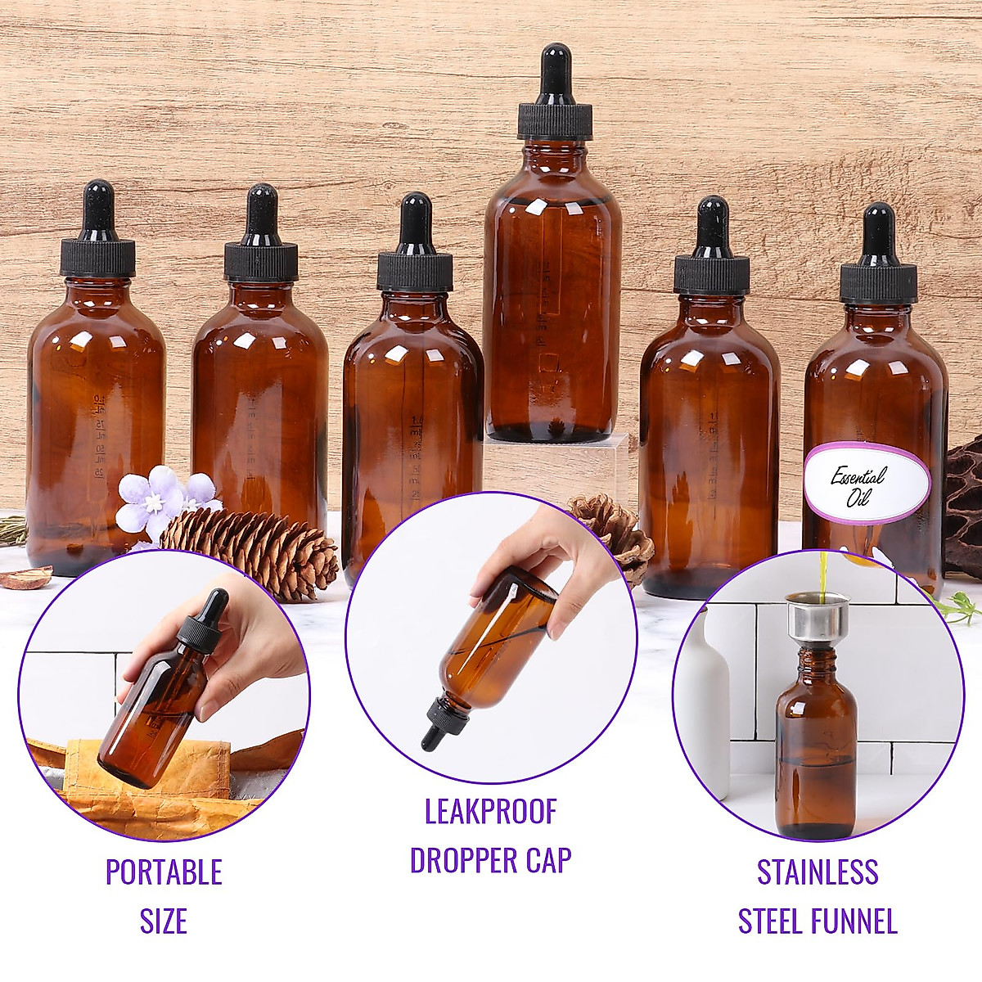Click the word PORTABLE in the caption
[164, 872]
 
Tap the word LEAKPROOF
[490, 812]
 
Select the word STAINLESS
[818, 872]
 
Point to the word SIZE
[164, 921]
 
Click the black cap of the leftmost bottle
[97, 256]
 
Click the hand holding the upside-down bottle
[544, 540]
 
